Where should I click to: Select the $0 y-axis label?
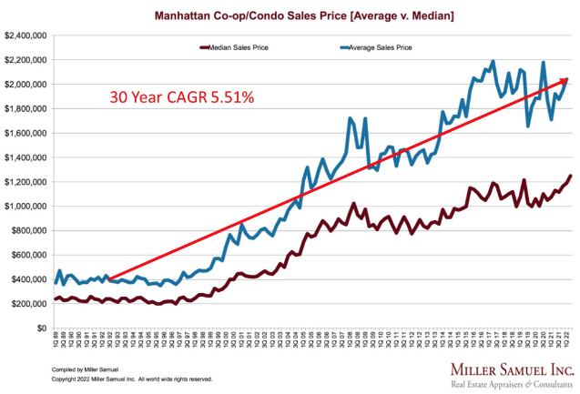(42, 328)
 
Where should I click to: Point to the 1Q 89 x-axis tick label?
(56, 344)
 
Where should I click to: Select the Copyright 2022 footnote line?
(123, 378)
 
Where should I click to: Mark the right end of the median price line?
(571, 176)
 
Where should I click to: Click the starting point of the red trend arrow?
(109, 279)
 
